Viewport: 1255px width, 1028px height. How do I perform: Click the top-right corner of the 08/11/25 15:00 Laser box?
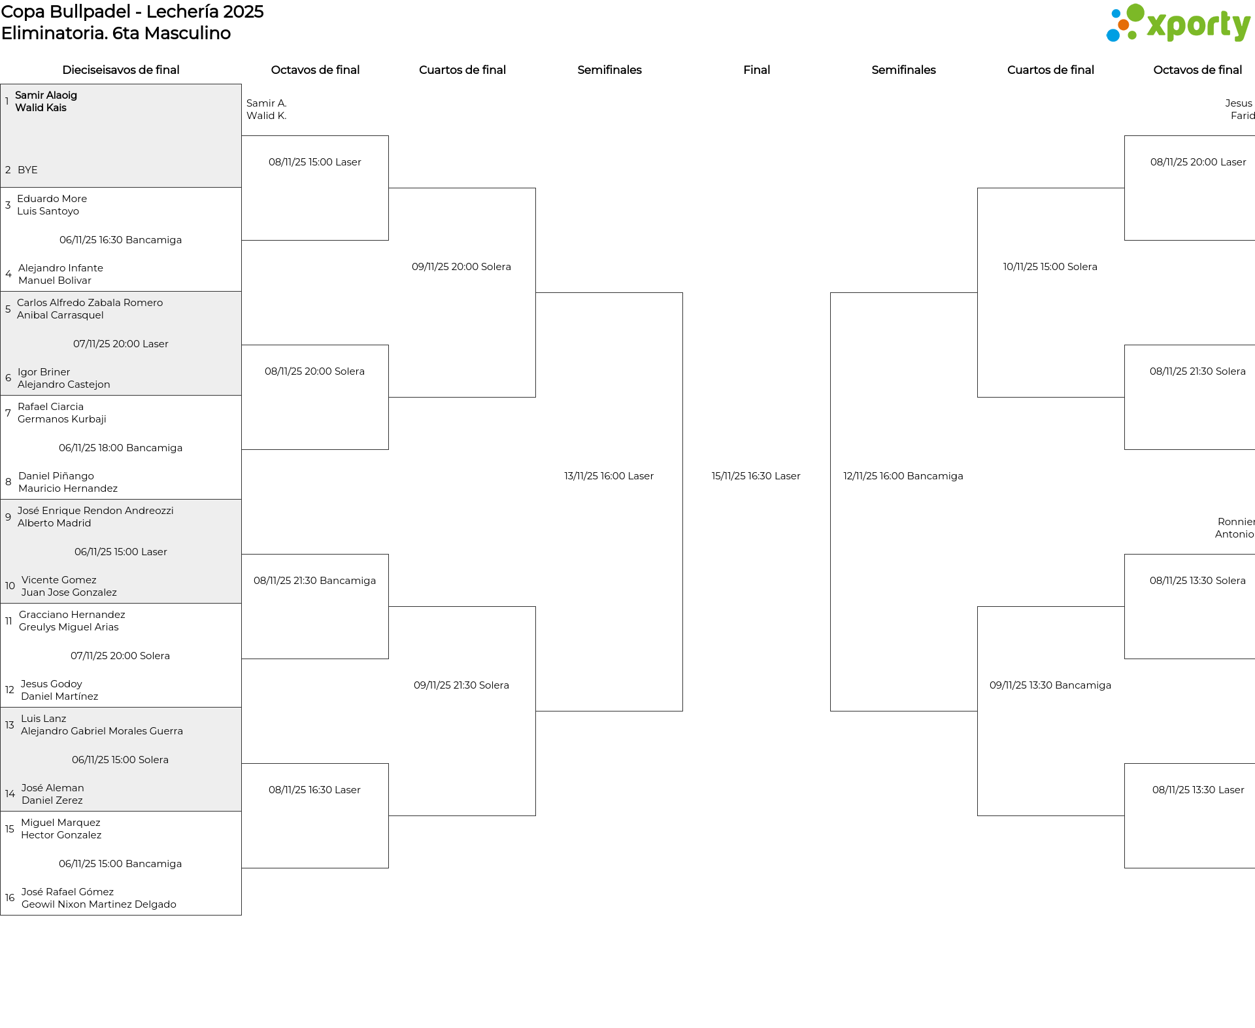[388, 136]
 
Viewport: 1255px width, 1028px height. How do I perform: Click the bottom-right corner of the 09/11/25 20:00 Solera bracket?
[535, 397]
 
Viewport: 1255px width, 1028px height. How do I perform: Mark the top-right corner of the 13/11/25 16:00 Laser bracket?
[682, 293]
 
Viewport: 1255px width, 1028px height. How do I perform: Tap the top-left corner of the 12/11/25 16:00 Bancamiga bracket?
[831, 293]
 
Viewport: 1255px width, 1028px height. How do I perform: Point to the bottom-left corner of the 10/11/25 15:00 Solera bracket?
[978, 397]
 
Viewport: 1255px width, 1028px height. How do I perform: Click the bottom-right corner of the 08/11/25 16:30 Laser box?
[388, 868]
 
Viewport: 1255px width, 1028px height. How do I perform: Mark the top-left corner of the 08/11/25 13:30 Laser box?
[1125, 764]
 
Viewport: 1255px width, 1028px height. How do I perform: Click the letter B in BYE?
[21, 170]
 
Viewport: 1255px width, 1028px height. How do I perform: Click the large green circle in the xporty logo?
[1135, 13]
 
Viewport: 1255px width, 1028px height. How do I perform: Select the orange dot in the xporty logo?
[1123, 25]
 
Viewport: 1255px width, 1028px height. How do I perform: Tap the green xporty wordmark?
[1199, 26]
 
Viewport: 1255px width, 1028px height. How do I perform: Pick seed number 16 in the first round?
[10, 898]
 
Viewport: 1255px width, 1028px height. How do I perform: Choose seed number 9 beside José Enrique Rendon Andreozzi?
[8, 517]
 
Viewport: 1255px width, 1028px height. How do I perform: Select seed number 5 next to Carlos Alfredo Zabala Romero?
[8, 309]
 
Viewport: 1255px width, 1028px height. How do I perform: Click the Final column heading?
[756, 70]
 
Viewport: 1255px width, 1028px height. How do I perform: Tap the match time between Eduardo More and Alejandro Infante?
[120, 240]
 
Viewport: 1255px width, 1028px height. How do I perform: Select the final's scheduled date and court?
[756, 476]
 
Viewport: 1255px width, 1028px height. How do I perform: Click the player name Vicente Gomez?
[59, 580]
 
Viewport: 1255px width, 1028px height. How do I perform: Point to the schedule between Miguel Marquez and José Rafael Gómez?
[120, 864]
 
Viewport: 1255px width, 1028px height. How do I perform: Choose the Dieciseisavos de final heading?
[121, 70]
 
